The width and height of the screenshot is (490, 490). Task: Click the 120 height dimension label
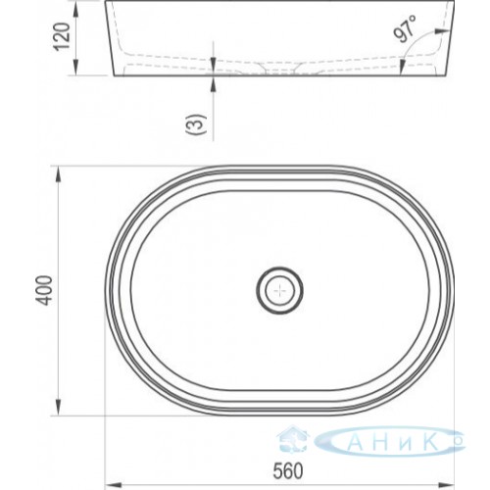click(x=62, y=36)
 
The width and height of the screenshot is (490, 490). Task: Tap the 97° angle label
click(x=405, y=28)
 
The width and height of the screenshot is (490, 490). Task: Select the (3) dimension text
click(x=196, y=124)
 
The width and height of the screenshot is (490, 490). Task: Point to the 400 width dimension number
click(x=43, y=290)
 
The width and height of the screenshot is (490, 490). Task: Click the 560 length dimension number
click(x=288, y=470)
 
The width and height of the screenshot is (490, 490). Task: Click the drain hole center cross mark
click(x=280, y=290)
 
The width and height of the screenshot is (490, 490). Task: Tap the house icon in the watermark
click(x=292, y=440)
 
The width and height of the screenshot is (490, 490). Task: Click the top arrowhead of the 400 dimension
click(x=58, y=174)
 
